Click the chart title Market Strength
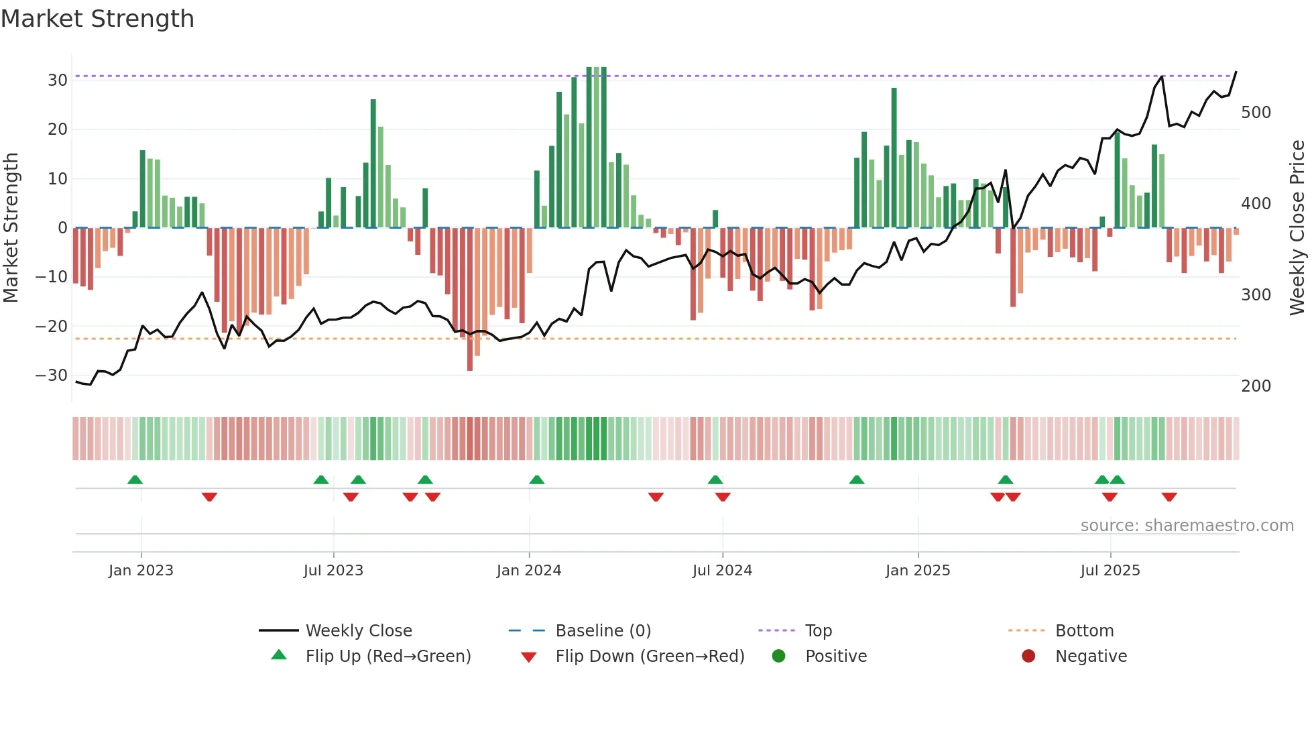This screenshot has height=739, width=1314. tap(97, 19)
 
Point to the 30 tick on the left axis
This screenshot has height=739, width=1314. tap(58, 80)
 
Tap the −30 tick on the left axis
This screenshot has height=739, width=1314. tap(52, 376)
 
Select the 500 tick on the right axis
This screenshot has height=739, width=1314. tap(1256, 113)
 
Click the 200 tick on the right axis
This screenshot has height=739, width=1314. tap(1256, 386)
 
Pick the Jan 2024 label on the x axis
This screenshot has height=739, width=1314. tap(529, 571)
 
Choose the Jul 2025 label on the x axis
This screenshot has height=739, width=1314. tap(1110, 571)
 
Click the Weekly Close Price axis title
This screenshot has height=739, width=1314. tap(1297, 228)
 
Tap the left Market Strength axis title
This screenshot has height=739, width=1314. tap(11, 228)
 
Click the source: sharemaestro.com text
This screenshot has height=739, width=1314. tap(1187, 526)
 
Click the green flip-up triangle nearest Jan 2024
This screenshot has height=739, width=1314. tap(536, 479)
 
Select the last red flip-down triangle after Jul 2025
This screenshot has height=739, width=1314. tap(1169, 497)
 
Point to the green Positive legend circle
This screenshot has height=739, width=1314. tap(778, 657)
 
